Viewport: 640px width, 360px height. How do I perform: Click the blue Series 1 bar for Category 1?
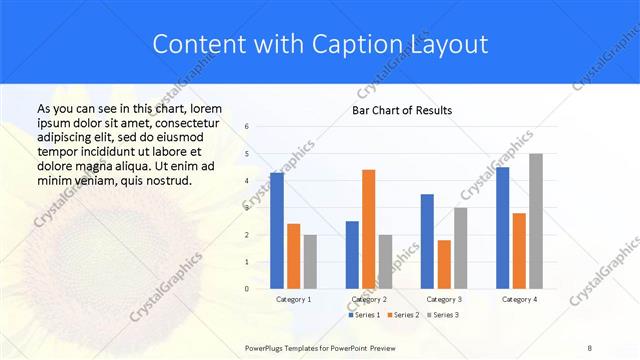click(x=276, y=231)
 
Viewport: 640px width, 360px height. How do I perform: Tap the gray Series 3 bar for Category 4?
click(x=536, y=221)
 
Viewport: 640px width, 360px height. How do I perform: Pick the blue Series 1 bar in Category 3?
click(x=427, y=241)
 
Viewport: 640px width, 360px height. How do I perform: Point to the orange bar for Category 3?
click(x=444, y=264)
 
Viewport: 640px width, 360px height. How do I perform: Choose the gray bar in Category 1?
click(x=310, y=261)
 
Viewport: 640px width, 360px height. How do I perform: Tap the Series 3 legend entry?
click(x=443, y=315)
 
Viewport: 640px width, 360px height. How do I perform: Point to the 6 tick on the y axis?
click(x=247, y=127)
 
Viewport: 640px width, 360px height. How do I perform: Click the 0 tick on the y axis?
click(x=247, y=289)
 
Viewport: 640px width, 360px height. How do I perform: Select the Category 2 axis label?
click(x=369, y=299)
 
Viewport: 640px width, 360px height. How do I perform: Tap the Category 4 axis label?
click(x=519, y=299)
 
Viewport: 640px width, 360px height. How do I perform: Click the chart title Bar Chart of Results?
click(x=402, y=110)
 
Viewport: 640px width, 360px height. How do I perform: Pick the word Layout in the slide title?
click(x=449, y=44)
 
